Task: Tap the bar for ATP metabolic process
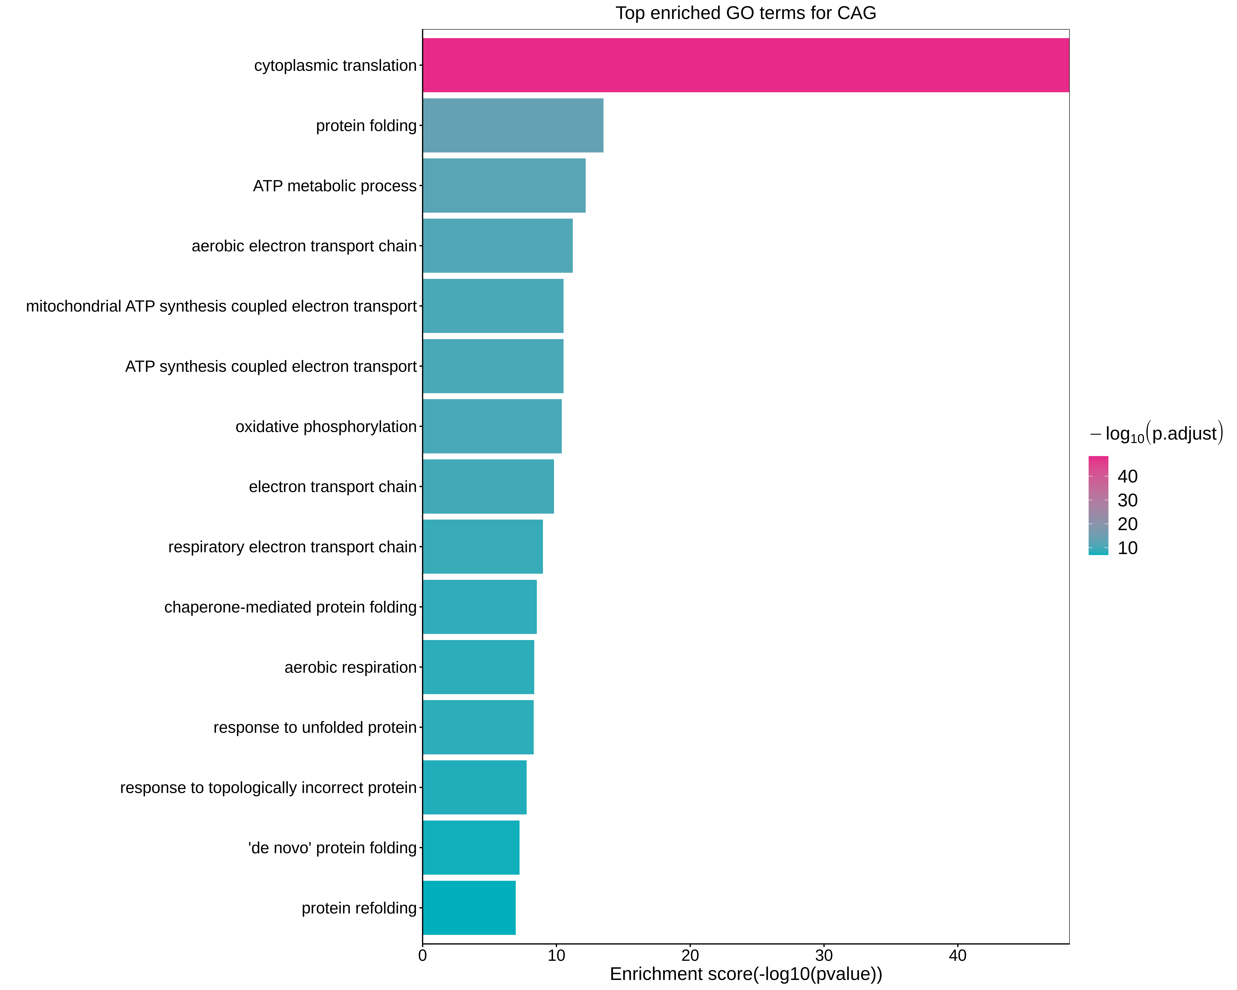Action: click(504, 185)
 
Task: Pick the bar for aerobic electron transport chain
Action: click(497, 246)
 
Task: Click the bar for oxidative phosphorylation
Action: click(492, 426)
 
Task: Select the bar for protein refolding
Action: click(469, 908)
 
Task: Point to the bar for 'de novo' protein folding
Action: click(471, 848)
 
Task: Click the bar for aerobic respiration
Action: click(478, 667)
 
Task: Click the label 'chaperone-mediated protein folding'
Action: click(290, 607)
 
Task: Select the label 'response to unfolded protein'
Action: click(315, 727)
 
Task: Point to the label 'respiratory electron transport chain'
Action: click(292, 547)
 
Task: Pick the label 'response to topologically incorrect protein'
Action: click(268, 787)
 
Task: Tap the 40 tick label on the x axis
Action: click(958, 956)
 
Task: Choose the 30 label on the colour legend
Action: click(1127, 500)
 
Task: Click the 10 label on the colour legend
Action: click(1127, 548)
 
